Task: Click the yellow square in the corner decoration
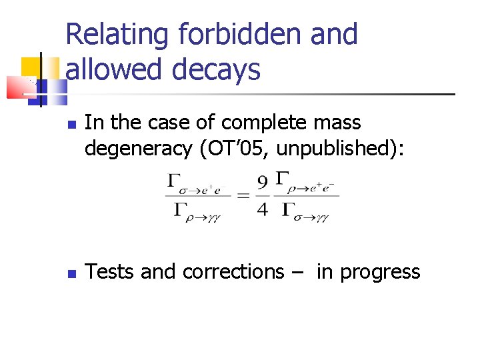[x=31, y=67]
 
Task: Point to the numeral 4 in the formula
[x=263, y=209]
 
